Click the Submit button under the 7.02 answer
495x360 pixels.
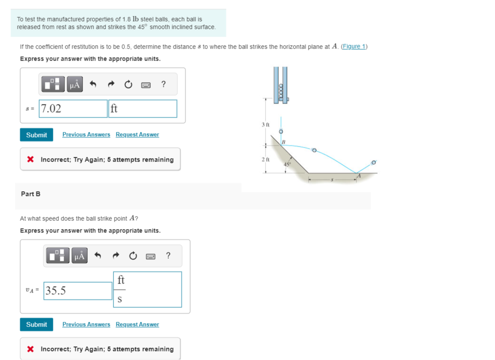[x=37, y=135]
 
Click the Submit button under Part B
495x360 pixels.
[x=37, y=324]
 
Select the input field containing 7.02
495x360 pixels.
[x=73, y=109]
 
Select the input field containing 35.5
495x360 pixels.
[x=78, y=291]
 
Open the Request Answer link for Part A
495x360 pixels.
[x=137, y=135]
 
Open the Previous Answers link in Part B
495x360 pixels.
[x=86, y=324]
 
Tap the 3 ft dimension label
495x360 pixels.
[x=265, y=125]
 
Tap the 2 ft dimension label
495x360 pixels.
[x=265, y=160]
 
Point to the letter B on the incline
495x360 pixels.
[x=284, y=142]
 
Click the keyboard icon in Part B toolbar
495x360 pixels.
[x=150, y=256]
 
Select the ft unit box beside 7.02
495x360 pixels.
[x=143, y=109]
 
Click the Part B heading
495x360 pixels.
[x=31, y=194]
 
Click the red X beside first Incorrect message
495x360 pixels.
[x=31, y=159]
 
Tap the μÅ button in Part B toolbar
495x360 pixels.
[x=79, y=256]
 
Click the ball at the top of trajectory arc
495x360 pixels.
[x=314, y=150]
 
